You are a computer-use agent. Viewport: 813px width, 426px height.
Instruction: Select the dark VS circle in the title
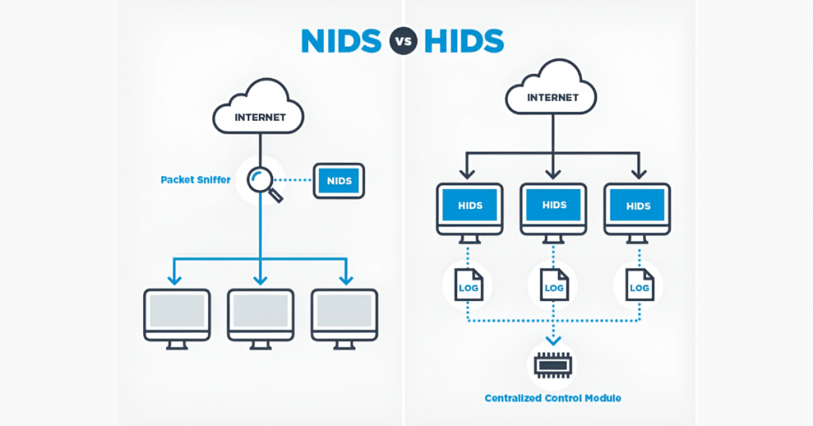(x=403, y=41)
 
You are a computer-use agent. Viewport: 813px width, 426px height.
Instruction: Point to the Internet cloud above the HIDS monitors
(x=553, y=96)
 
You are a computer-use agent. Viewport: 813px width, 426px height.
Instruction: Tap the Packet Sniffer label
(x=195, y=180)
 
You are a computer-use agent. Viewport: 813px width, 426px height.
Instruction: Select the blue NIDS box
(x=339, y=180)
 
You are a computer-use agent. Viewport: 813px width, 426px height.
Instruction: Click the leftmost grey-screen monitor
(x=176, y=315)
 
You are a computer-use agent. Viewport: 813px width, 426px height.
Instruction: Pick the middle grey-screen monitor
(x=260, y=315)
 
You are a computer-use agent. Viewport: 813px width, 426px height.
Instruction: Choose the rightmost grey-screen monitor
(x=345, y=315)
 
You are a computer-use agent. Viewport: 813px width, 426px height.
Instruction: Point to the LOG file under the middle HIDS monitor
(x=553, y=285)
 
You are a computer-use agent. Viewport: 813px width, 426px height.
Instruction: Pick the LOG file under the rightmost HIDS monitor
(x=638, y=285)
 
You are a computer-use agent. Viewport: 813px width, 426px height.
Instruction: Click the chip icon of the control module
(x=553, y=364)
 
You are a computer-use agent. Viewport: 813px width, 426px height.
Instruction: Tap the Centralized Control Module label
(x=553, y=398)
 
